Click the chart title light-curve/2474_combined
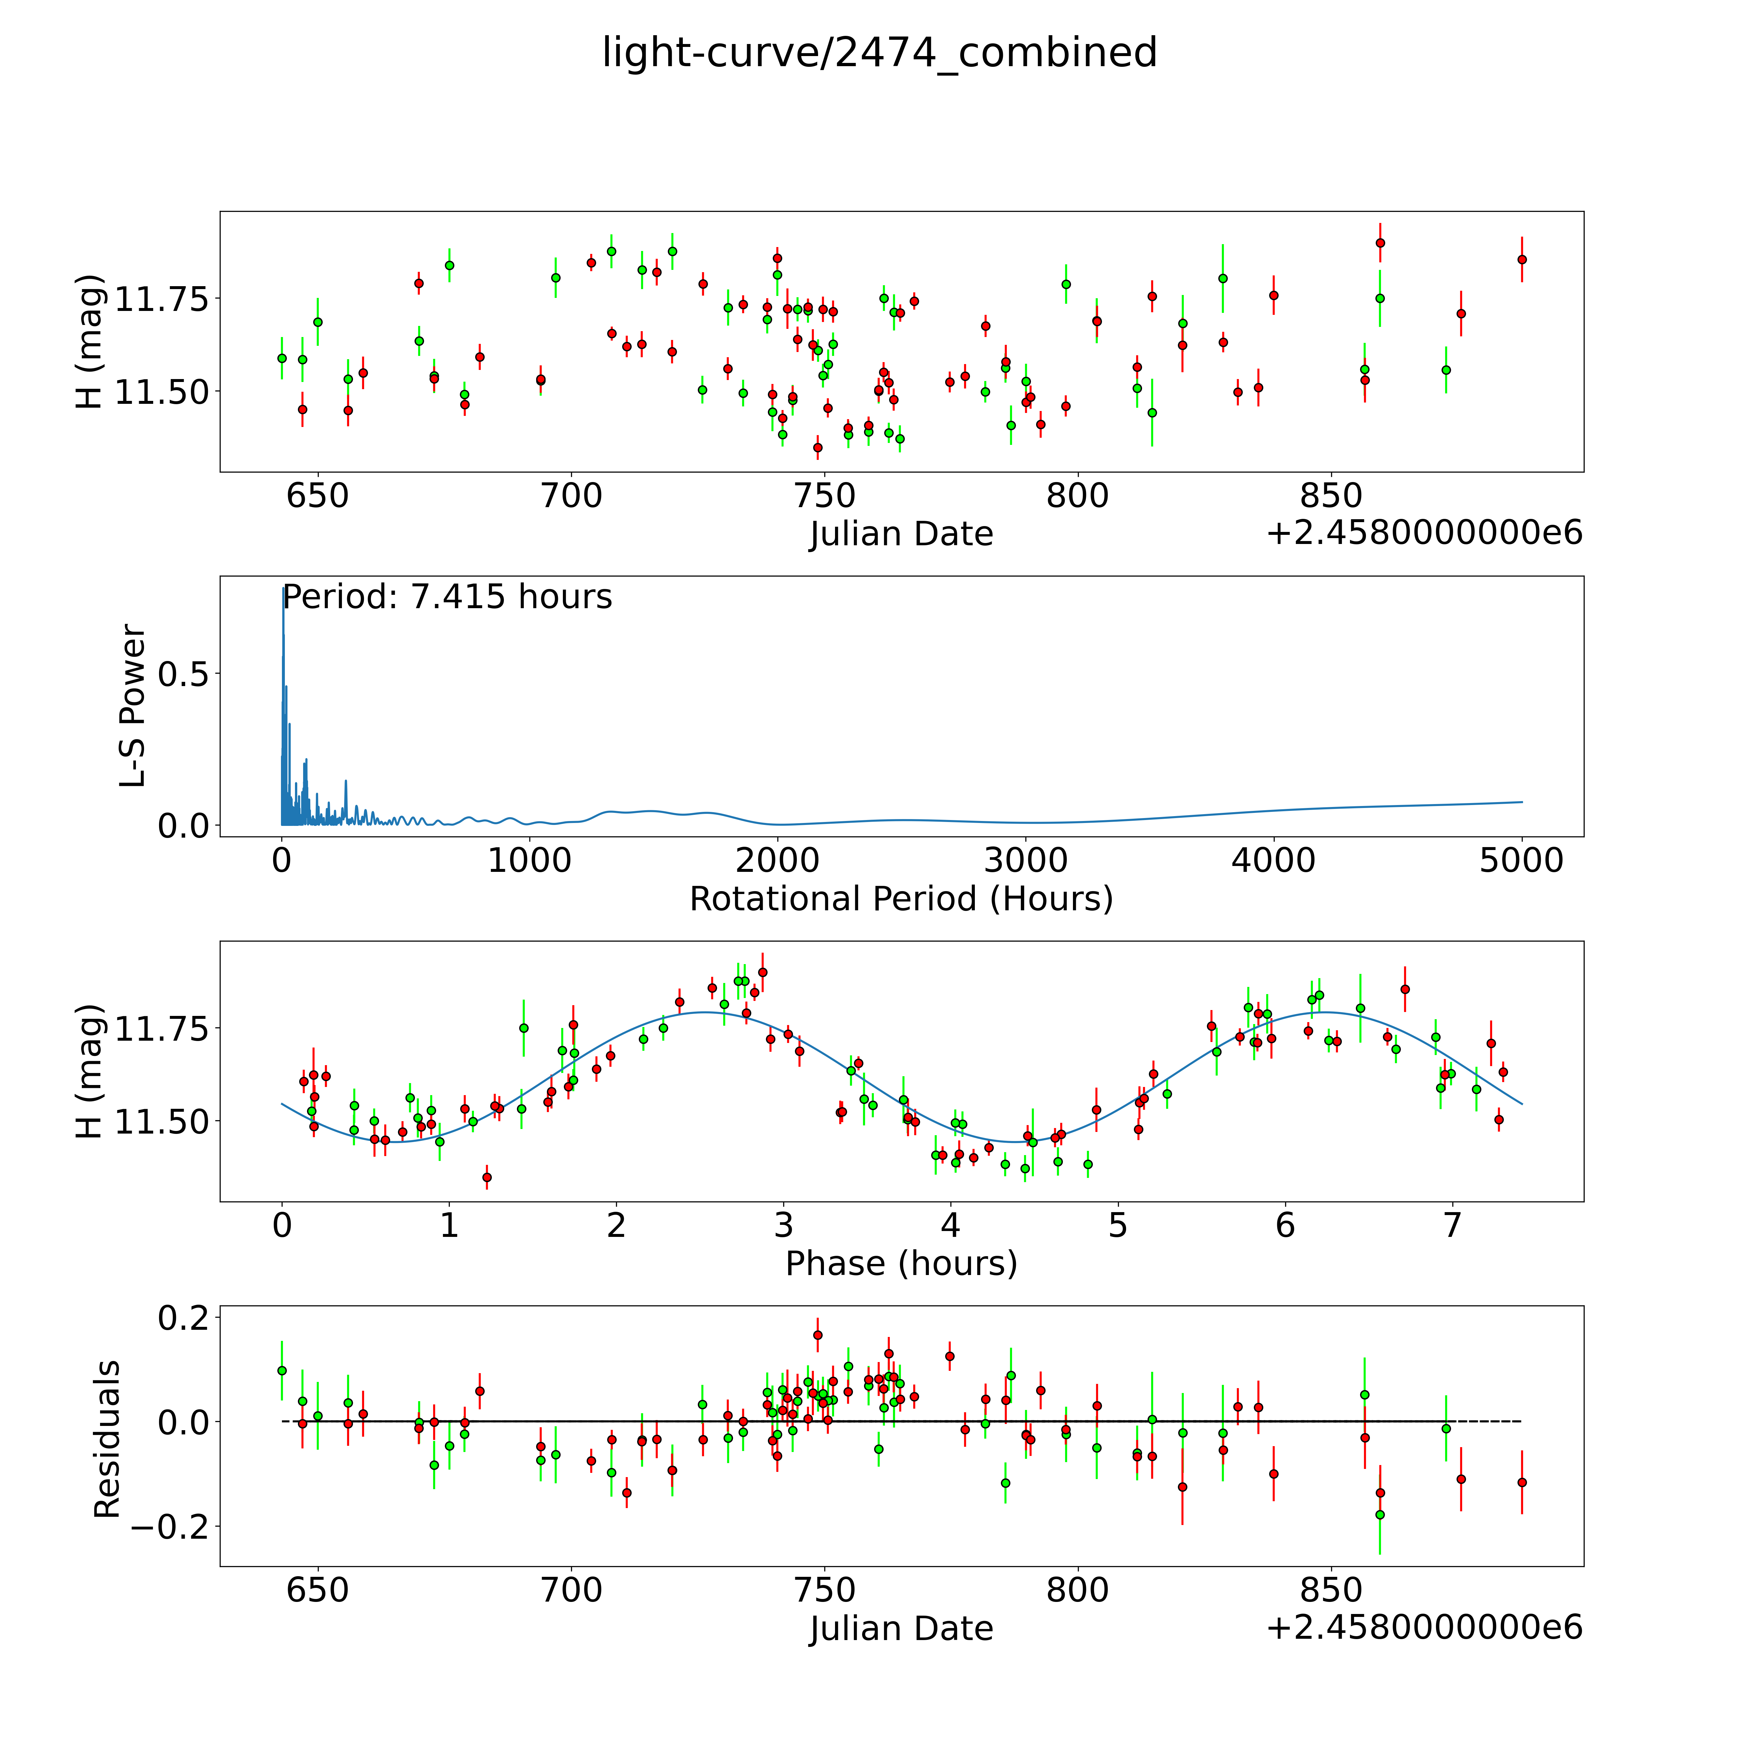[879, 53]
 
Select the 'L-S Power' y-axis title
[133, 706]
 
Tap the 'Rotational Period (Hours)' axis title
[901, 899]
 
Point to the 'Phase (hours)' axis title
[901, 1264]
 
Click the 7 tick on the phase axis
[1452, 1226]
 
